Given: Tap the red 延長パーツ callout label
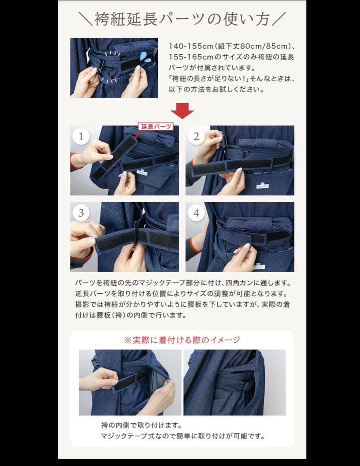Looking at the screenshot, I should [155, 126].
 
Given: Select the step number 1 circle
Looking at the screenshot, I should [81, 137].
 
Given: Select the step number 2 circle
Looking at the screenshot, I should [196, 137].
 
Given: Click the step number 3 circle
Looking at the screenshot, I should [81, 213].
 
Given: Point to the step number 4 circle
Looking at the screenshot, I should [196, 213].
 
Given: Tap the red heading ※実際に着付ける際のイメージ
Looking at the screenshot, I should [182, 340].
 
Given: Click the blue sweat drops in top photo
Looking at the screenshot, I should [146, 58].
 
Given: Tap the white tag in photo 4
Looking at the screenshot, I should [259, 266].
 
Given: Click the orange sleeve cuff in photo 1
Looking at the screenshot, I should [74, 161].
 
